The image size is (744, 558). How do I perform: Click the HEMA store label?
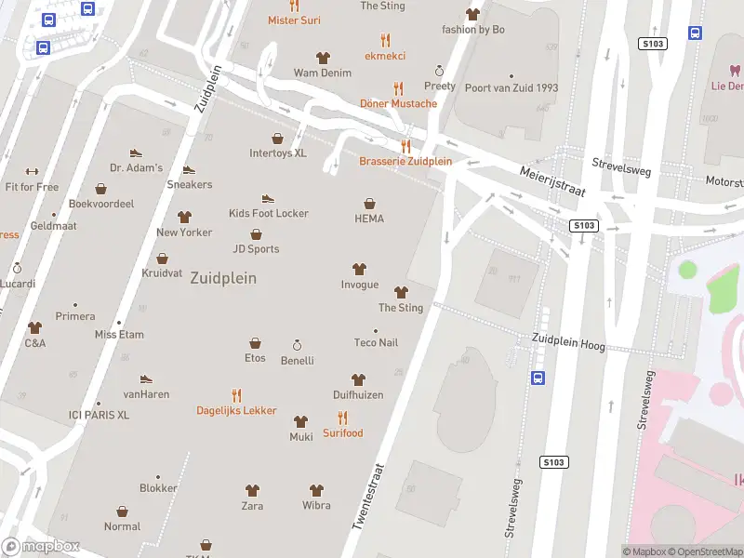click(x=369, y=219)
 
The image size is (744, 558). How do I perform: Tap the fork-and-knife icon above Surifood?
click(x=342, y=418)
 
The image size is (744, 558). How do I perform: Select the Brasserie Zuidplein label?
click(x=405, y=161)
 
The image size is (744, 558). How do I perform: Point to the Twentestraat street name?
click(x=369, y=498)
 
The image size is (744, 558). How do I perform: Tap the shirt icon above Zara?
click(x=252, y=490)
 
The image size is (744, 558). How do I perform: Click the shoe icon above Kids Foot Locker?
click(x=268, y=198)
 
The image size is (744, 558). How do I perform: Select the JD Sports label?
click(x=256, y=248)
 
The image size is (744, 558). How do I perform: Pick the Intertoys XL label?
click(x=277, y=153)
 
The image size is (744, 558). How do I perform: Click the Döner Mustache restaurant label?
click(x=399, y=103)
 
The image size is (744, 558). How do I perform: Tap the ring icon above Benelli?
click(x=298, y=344)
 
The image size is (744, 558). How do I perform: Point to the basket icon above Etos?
click(x=255, y=343)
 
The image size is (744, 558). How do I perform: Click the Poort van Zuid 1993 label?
click(x=511, y=88)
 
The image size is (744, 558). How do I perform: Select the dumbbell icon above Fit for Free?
click(x=32, y=171)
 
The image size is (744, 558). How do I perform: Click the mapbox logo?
click(x=41, y=547)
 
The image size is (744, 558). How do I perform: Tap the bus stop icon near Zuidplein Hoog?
click(x=538, y=377)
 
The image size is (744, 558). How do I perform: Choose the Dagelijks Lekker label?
click(x=236, y=410)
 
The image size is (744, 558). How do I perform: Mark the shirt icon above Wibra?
click(x=316, y=490)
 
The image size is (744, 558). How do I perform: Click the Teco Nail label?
click(x=376, y=342)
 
